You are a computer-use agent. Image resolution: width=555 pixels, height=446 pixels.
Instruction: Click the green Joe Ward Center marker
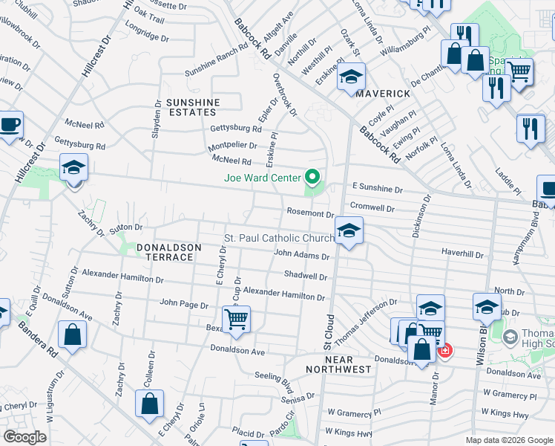pyautogui.click(x=312, y=178)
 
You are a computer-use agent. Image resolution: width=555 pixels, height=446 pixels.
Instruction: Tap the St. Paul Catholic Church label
pyautogui.click(x=279, y=238)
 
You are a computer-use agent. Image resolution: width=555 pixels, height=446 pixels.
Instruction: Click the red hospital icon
pyautogui.click(x=444, y=350)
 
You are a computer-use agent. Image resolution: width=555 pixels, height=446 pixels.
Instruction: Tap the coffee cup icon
pyautogui.click(x=10, y=124)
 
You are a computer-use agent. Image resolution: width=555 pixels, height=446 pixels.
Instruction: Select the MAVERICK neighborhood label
pyautogui.click(x=382, y=94)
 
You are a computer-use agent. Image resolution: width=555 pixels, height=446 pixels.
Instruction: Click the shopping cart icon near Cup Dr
pyautogui.click(x=236, y=320)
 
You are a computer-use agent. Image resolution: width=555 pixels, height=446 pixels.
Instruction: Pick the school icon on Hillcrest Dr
pyautogui.click(x=73, y=167)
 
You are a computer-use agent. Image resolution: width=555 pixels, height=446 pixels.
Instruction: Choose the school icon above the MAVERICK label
pyautogui.click(x=351, y=77)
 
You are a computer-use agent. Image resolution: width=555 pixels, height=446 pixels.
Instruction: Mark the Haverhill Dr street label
pyautogui.click(x=462, y=254)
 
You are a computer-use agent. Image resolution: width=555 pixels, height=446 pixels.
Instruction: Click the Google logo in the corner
pyautogui.click(x=24, y=437)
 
